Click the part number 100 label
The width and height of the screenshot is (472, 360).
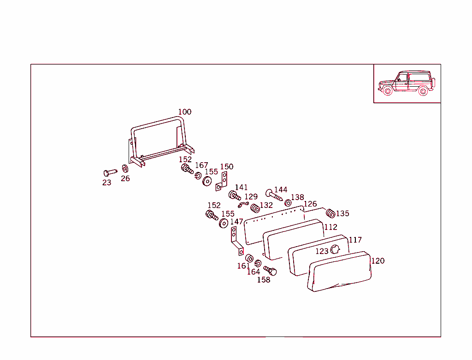click(x=184, y=112)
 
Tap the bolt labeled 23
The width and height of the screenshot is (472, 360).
click(x=110, y=172)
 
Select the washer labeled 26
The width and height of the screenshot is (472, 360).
click(x=125, y=169)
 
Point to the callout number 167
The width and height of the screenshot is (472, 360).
click(x=201, y=165)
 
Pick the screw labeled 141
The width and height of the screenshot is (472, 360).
click(x=235, y=195)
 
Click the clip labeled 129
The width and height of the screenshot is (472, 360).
click(x=243, y=205)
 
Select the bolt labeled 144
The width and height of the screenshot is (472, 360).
click(x=274, y=195)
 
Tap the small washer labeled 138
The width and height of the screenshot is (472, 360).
click(x=288, y=203)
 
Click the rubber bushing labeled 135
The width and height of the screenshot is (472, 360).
click(x=330, y=213)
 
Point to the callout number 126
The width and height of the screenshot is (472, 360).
click(x=310, y=204)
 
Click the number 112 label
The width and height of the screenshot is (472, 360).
click(x=330, y=227)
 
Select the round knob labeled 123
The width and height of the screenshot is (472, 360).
click(x=335, y=249)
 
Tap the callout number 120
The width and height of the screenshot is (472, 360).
click(x=378, y=261)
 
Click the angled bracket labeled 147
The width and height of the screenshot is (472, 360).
click(x=237, y=241)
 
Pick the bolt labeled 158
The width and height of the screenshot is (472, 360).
click(x=270, y=271)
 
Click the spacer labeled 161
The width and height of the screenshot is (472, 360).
click(x=249, y=258)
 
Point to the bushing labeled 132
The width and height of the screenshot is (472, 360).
click(x=255, y=208)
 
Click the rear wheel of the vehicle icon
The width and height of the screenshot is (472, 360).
click(x=423, y=91)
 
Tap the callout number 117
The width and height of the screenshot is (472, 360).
click(x=355, y=240)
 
